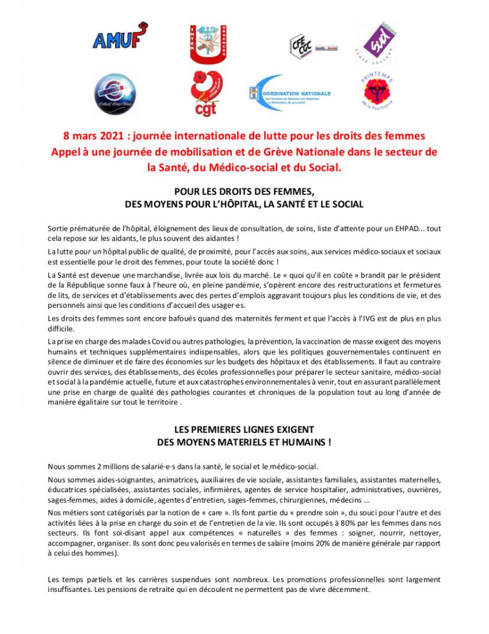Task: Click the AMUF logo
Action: (119, 38)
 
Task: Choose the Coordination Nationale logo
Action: (290, 93)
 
